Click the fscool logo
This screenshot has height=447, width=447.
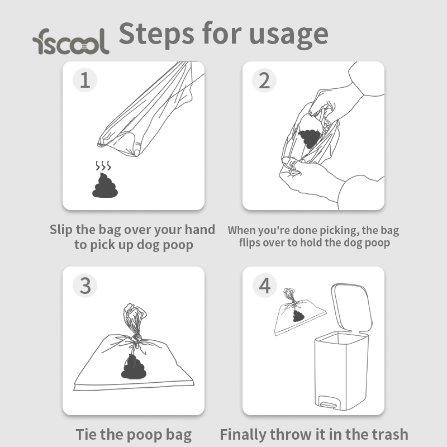71,41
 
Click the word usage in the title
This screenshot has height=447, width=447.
288,36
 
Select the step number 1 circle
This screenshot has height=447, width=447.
85,80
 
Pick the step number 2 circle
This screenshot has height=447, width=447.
264,80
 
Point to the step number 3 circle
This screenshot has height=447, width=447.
85,286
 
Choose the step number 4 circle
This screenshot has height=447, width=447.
265,286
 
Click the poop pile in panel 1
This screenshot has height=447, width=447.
105,186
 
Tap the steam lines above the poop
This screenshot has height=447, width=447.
103,165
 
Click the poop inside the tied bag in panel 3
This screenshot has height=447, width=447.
134,367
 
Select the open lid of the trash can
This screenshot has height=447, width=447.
352,307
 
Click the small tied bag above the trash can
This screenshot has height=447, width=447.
300,312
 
